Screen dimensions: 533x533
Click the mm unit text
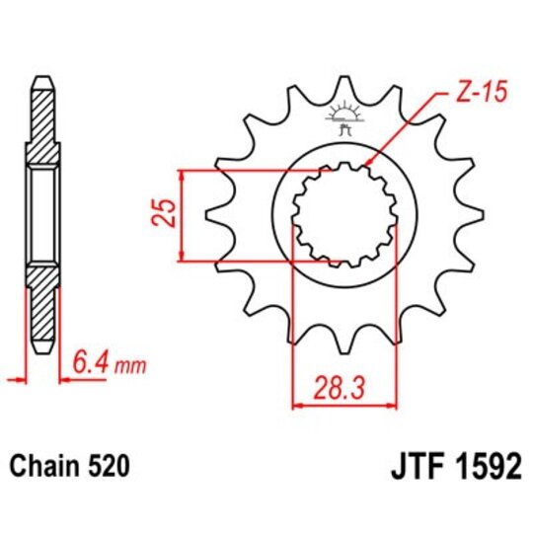click(129, 368)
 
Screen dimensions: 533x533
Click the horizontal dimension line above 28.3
click(344, 402)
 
